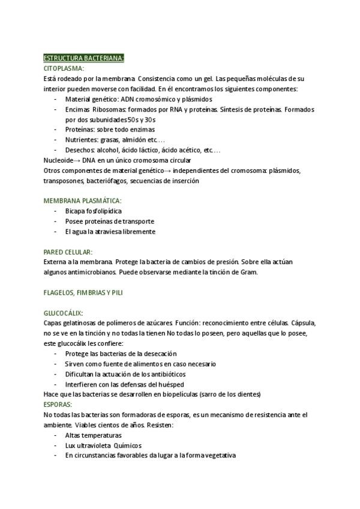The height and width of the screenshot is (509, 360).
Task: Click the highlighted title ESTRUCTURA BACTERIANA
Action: [x=83, y=58]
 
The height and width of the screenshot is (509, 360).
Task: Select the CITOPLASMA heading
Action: [x=63, y=68]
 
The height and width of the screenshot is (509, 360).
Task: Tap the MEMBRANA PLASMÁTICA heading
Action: [x=83, y=200]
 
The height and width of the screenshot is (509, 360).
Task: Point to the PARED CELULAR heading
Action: [x=68, y=252]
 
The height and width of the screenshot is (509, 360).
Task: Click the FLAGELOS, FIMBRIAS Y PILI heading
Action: [x=85, y=292]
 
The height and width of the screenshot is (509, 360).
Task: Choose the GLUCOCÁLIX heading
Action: [x=63, y=313]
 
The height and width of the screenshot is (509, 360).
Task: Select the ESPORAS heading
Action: [x=58, y=405]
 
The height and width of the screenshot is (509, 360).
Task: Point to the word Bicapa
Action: [x=76, y=211]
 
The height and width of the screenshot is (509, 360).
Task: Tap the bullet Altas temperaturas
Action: [x=93, y=435]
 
